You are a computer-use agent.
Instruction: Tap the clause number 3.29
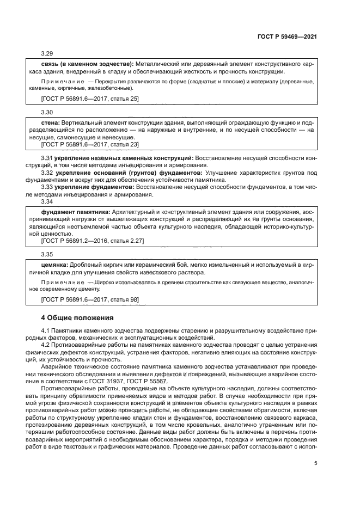click(x=47, y=54)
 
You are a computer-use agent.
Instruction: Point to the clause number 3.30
click(x=47, y=112)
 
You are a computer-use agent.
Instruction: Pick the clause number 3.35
click(x=47, y=254)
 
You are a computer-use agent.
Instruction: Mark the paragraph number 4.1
click(x=47, y=332)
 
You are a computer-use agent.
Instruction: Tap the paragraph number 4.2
click(x=47, y=346)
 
